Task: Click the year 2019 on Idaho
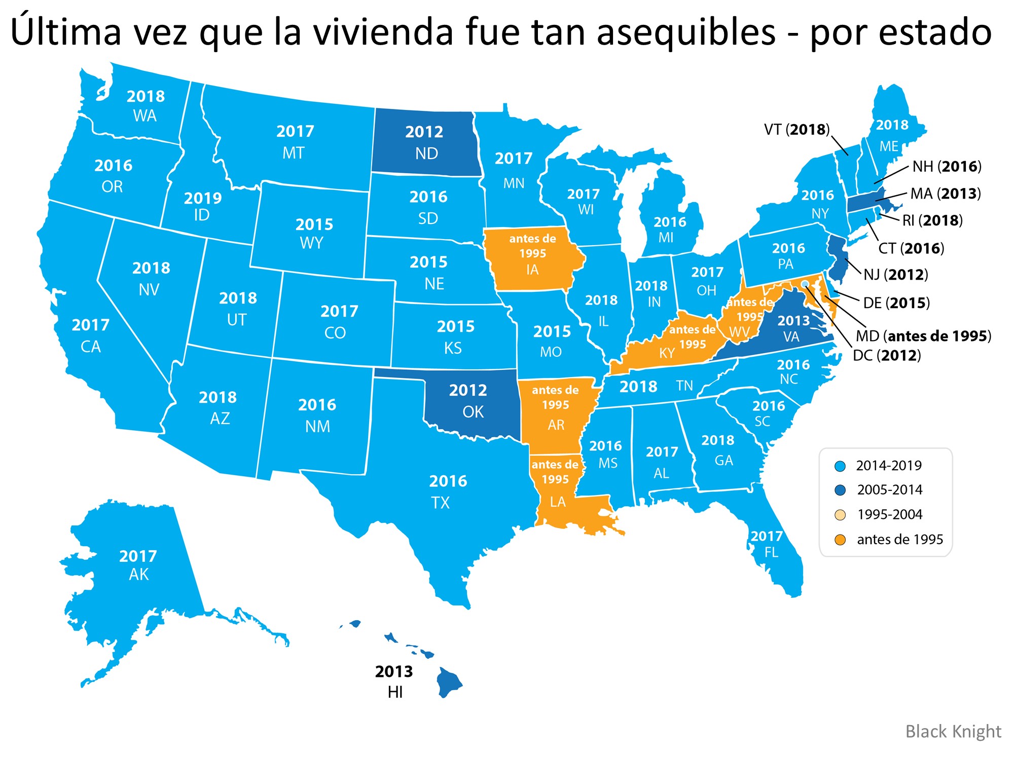pyautogui.click(x=203, y=198)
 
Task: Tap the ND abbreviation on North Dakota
pyautogui.click(x=426, y=154)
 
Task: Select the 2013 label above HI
pyautogui.click(x=394, y=672)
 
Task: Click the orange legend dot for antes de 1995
pyautogui.click(x=840, y=540)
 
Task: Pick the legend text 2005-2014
pyautogui.click(x=889, y=490)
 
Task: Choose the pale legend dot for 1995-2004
pyautogui.click(x=840, y=515)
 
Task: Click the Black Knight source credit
pyautogui.click(x=953, y=732)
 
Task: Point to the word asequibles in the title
pyautogui.click(x=685, y=31)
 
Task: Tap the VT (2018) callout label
pyautogui.click(x=796, y=130)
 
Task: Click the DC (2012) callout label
pyautogui.click(x=887, y=356)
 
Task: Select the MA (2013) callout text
pyautogui.click(x=945, y=194)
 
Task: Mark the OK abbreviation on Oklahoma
pyautogui.click(x=473, y=412)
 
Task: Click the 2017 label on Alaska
pyautogui.click(x=138, y=556)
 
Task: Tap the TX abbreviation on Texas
pyautogui.click(x=440, y=503)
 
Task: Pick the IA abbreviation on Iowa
pyautogui.click(x=532, y=270)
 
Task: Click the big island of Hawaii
pyautogui.click(x=448, y=682)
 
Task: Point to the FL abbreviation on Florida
pyautogui.click(x=771, y=552)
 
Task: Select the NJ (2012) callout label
pyautogui.click(x=895, y=275)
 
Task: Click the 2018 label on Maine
pyautogui.click(x=892, y=125)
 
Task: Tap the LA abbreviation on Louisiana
pyautogui.click(x=557, y=502)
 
